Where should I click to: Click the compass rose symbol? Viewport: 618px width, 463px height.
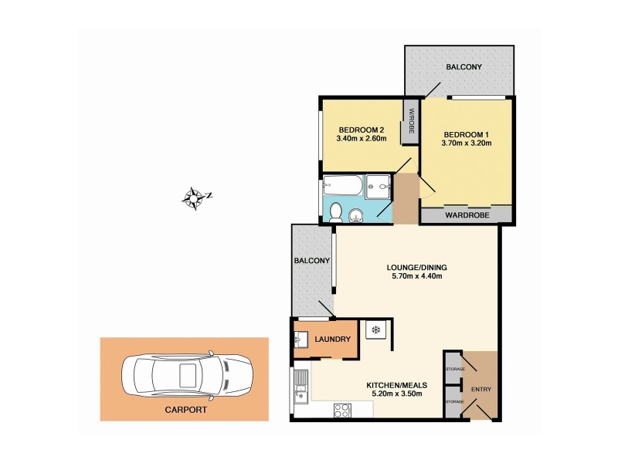[x=195, y=198]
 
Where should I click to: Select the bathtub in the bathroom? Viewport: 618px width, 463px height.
[x=341, y=185]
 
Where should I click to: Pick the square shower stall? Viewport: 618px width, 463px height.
[x=378, y=185]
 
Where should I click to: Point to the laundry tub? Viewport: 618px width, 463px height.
[x=303, y=339]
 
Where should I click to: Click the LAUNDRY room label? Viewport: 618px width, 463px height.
[x=332, y=340]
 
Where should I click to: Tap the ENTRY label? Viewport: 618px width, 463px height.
[x=481, y=389]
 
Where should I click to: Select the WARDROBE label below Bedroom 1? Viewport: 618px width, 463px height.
[x=466, y=216]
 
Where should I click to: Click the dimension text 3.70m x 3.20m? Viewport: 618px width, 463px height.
[x=465, y=144]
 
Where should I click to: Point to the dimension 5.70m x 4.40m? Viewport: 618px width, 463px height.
[x=417, y=278]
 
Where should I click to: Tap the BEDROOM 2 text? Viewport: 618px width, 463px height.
[x=361, y=130]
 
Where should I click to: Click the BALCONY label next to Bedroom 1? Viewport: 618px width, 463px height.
[x=463, y=67]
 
